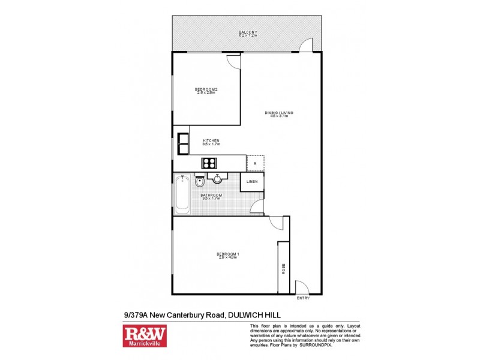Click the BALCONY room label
point(248,32)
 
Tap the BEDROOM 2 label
point(205,90)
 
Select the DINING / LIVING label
point(279,113)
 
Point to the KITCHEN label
point(211,141)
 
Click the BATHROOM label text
point(211,195)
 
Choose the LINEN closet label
point(252,181)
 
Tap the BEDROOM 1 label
point(228,254)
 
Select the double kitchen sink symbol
point(182,144)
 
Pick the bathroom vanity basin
point(217,178)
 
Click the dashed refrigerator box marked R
point(255,163)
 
